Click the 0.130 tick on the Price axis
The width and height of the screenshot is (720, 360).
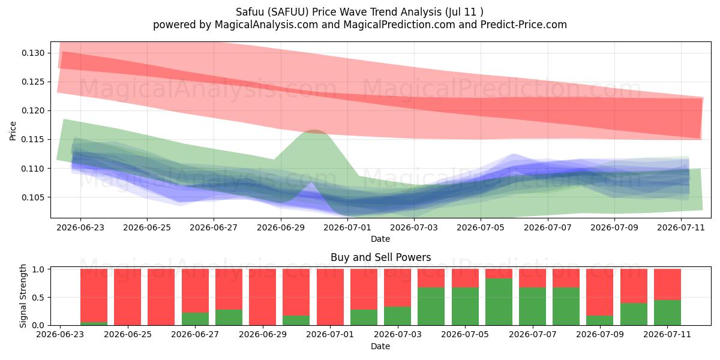(x=33, y=53)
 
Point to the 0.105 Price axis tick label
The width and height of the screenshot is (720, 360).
(x=33, y=197)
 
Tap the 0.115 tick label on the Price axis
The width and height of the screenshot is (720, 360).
(x=33, y=139)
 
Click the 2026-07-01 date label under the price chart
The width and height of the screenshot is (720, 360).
(x=347, y=227)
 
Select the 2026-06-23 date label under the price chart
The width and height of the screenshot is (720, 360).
(x=80, y=227)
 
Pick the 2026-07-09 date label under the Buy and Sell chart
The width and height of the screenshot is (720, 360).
(x=600, y=334)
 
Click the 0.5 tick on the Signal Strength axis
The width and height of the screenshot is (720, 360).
(x=38, y=298)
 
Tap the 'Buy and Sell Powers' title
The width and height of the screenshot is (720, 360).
(x=380, y=257)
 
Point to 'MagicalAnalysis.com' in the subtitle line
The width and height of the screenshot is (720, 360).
(x=266, y=25)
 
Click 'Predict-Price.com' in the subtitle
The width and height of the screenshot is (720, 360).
(x=524, y=25)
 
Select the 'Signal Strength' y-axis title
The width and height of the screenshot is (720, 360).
(x=23, y=296)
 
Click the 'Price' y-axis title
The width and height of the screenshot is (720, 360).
(x=13, y=131)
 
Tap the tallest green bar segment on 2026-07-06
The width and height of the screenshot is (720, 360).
(x=499, y=302)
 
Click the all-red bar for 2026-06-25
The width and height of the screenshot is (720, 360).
(x=127, y=297)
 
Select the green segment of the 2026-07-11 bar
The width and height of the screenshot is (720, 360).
(x=667, y=313)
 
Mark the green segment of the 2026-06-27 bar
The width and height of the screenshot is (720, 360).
(x=195, y=319)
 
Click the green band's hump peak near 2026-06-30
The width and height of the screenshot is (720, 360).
(x=314, y=131)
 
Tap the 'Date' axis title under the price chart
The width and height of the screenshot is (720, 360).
(x=380, y=239)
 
